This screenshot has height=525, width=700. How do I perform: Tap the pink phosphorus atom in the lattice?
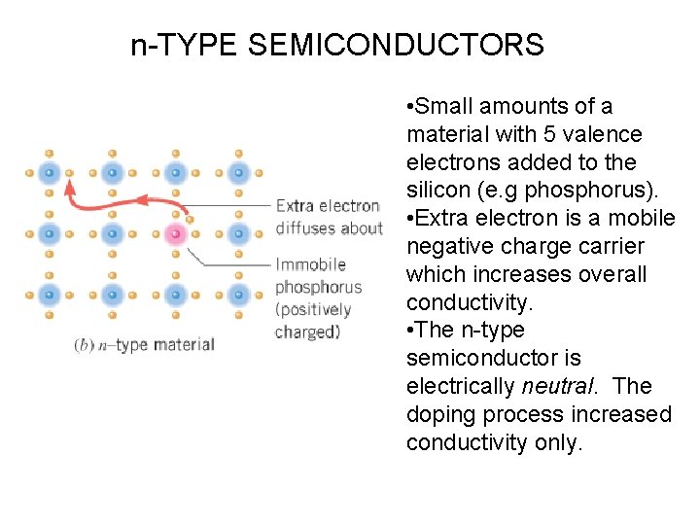[x=175, y=234]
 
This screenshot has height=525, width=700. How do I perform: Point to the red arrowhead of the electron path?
[x=69, y=188]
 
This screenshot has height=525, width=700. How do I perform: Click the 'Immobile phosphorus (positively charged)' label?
[x=318, y=297]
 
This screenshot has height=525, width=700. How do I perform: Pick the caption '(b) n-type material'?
[x=144, y=345]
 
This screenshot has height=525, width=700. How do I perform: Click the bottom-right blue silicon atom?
[x=238, y=294]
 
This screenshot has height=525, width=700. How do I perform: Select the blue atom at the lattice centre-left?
[x=50, y=234]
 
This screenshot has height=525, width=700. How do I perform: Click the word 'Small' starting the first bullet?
[x=442, y=106]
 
